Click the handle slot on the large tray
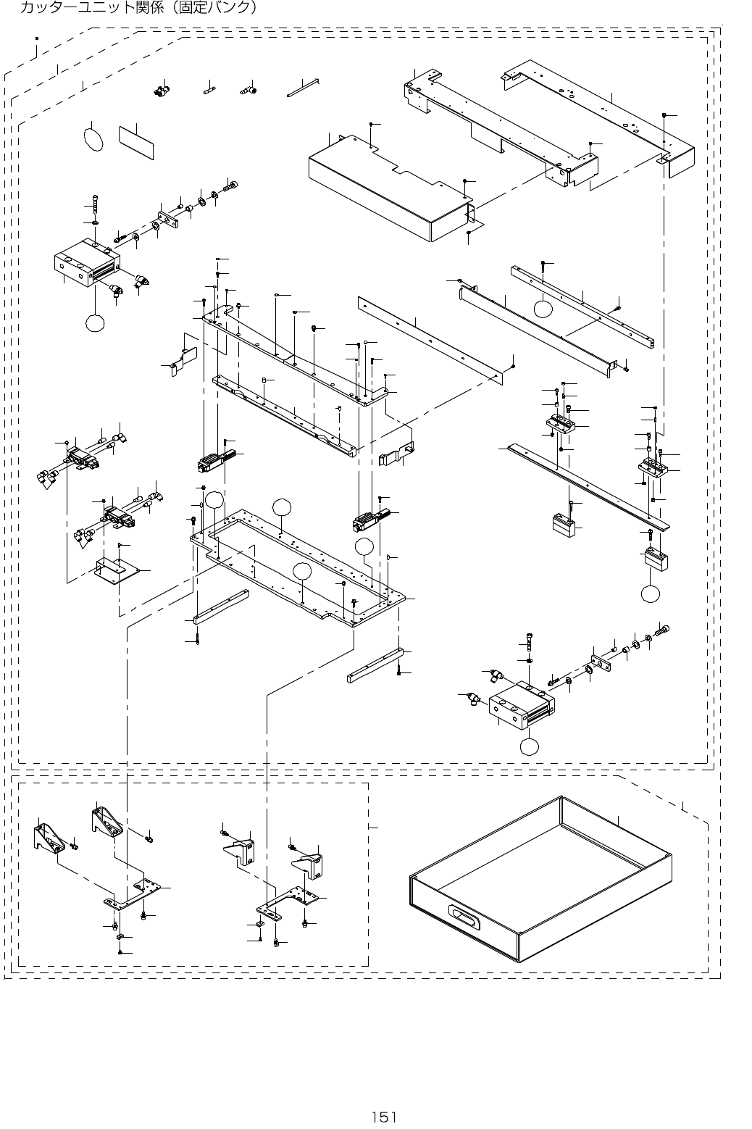pyautogui.click(x=464, y=918)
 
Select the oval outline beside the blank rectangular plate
pyautogui.click(x=94, y=139)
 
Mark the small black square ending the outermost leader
pyautogui.click(x=37, y=39)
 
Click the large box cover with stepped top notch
pyautogui.click(x=384, y=188)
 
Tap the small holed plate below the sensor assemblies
pyautogui.click(x=119, y=570)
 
